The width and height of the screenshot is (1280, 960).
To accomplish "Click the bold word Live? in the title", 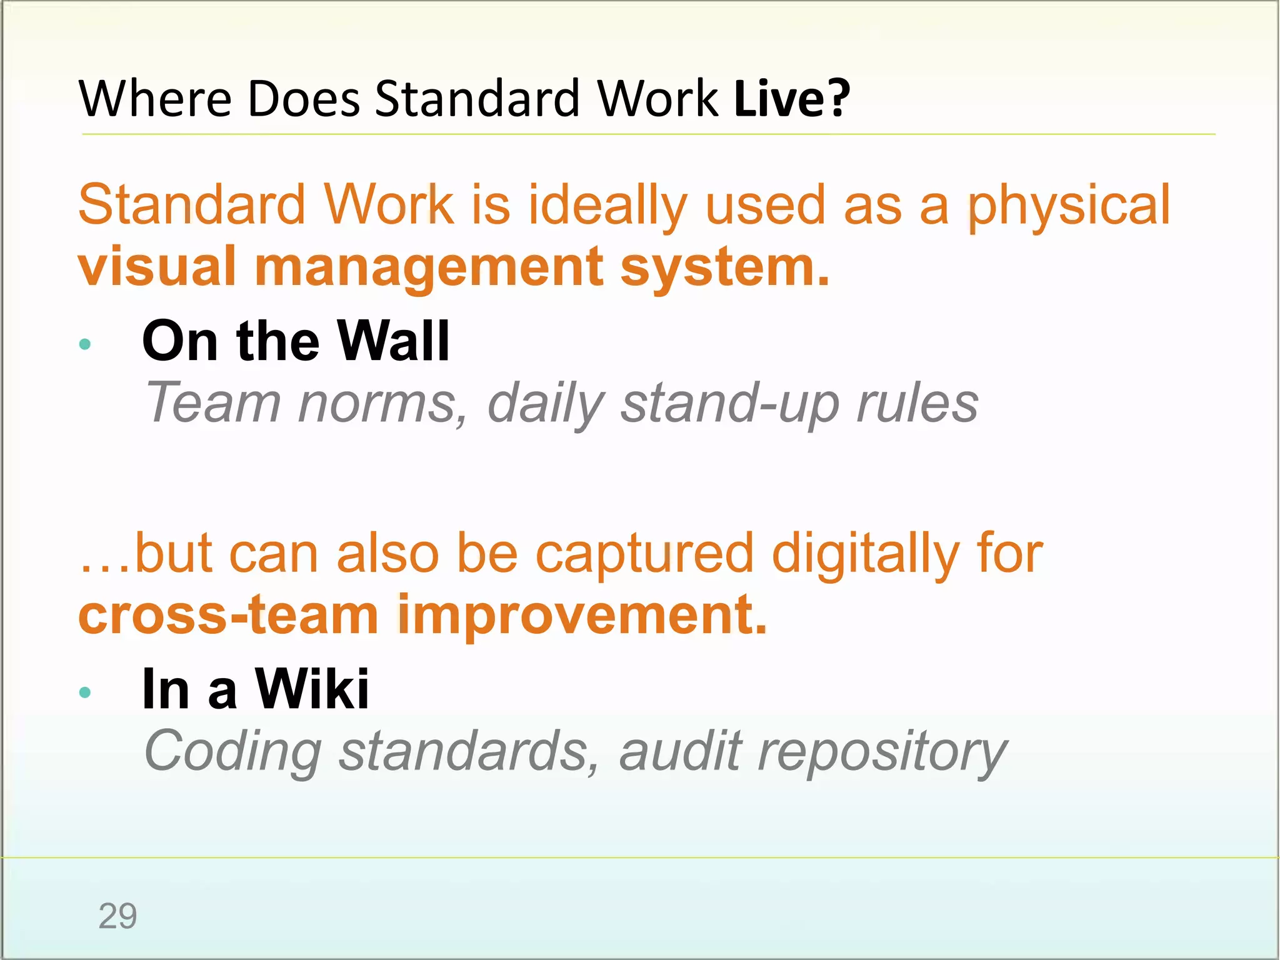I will click(x=792, y=99).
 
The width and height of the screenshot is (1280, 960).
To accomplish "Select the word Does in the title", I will click(x=304, y=99).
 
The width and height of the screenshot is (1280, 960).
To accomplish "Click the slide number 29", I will click(x=117, y=916).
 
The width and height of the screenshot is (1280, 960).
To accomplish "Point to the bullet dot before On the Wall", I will click(x=86, y=344).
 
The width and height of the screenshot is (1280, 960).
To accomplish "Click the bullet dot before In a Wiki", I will click(x=86, y=692).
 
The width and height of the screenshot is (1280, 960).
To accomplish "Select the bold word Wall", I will click(x=393, y=341).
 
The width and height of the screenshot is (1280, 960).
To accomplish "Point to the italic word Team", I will click(x=213, y=403).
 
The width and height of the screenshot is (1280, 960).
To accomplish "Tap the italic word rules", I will click(x=917, y=403).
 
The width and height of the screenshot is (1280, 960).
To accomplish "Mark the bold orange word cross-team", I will click(x=229, y=615).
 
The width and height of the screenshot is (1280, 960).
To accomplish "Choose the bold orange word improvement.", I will click(x=581, y=616).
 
